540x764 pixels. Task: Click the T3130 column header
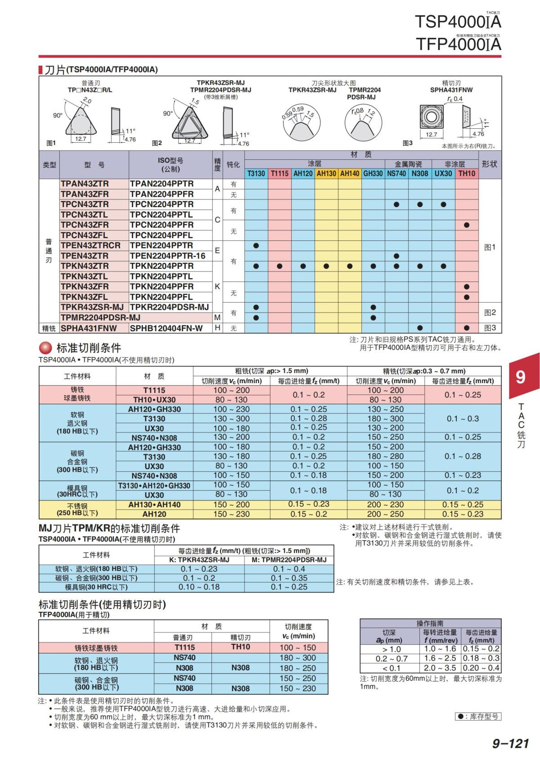coord(256,173)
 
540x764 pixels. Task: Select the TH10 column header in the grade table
coord(467,173)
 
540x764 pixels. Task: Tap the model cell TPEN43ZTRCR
coord(91,245)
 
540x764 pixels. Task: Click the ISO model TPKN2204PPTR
coord(162,266)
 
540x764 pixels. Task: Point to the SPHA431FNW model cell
coord(89,328)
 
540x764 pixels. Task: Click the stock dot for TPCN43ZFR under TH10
coord(467,225)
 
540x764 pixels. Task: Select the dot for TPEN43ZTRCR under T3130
coord(256,246)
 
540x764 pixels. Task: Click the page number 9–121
coord(510,743)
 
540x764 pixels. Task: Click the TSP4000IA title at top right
coord(458,21)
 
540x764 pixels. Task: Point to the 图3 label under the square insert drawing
coord(407,143)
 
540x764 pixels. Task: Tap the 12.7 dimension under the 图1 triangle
coord(81,139)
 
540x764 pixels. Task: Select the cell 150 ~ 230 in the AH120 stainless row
coord(231,514)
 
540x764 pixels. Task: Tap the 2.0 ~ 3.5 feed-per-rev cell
coord(440,668)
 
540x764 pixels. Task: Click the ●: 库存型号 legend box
coord(477,716)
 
